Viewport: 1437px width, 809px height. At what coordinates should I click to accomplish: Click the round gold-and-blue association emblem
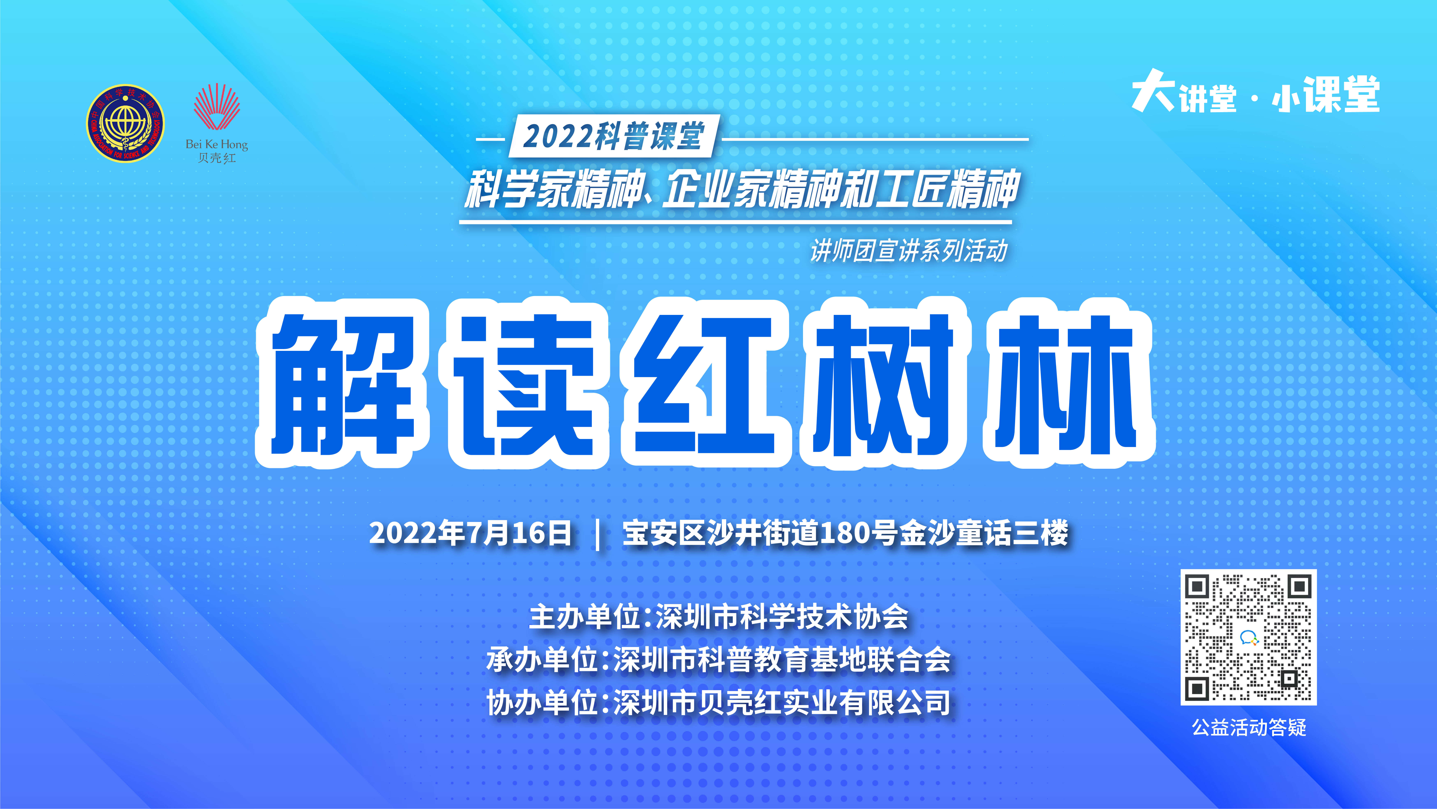point(126,123)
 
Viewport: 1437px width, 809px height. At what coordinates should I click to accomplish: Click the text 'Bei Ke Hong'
point(216,144)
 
